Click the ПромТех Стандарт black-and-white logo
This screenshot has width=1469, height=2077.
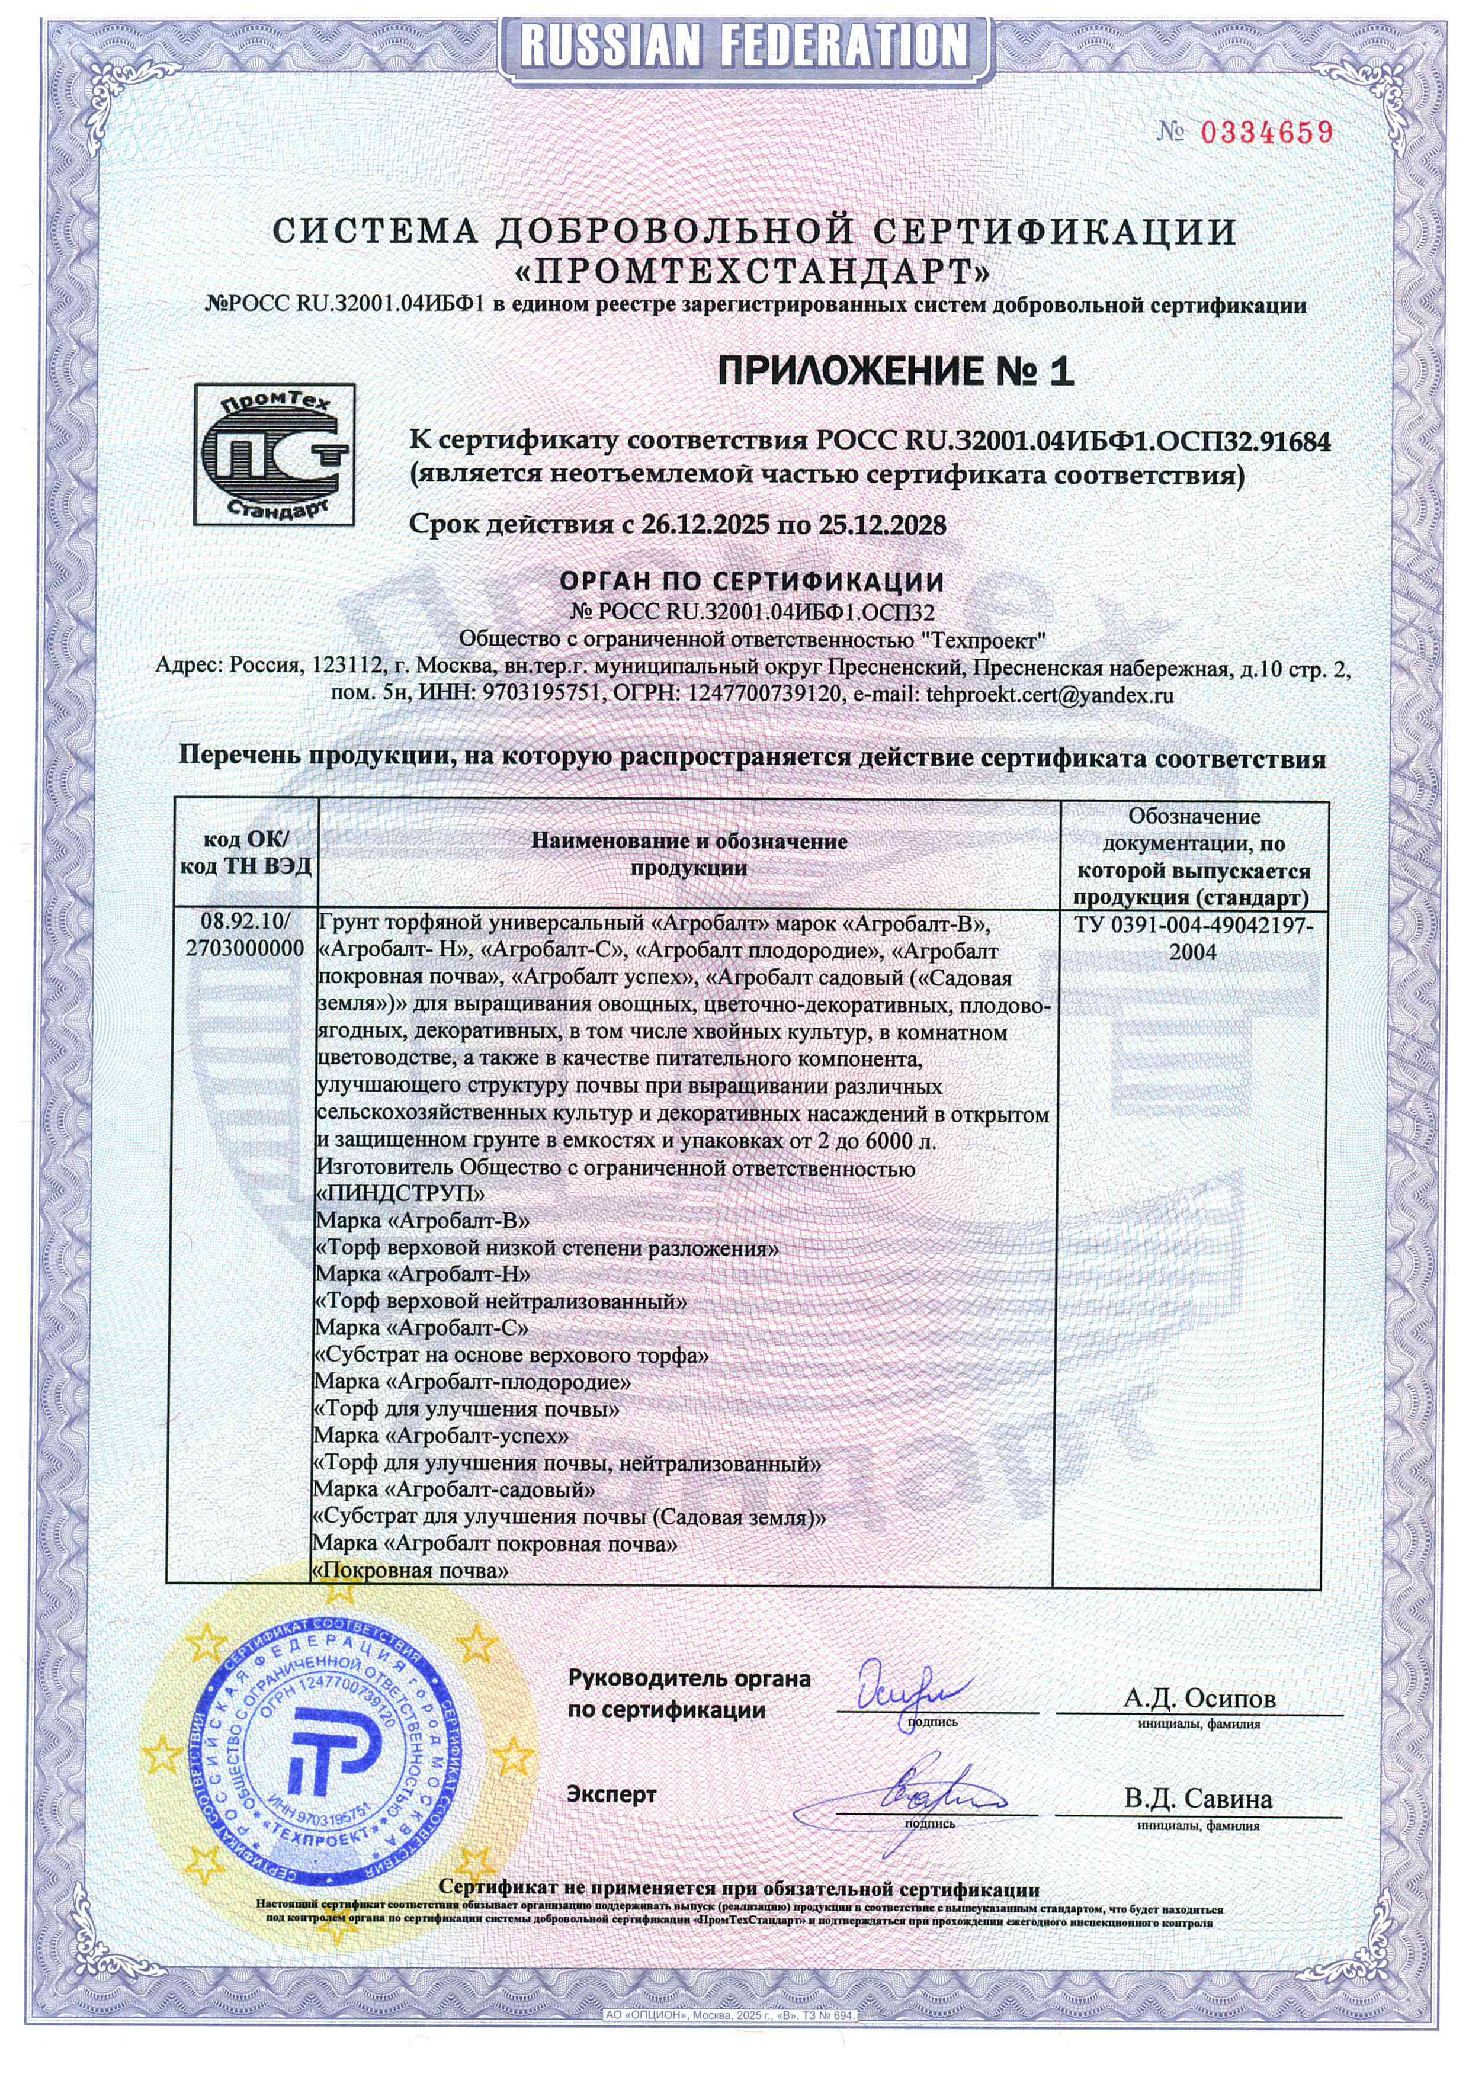coord(274,454)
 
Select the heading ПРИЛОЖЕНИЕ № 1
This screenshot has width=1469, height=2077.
coord(894,371)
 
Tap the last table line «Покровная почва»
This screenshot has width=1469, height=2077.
coord(410,1571)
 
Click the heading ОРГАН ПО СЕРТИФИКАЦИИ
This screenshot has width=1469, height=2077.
coord(752,582)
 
